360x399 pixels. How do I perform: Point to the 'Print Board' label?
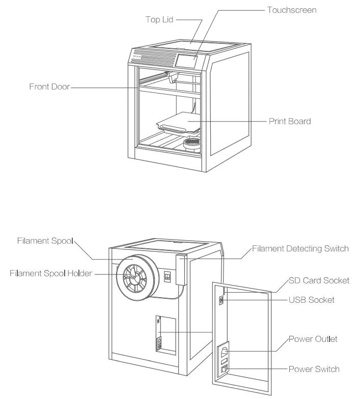[290, 122]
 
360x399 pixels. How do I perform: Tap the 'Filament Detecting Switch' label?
[300, 249]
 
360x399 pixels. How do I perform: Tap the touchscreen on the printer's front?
[186, 61]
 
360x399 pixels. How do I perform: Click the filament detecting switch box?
[181, 270]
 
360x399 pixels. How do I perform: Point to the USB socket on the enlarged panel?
[222, 301]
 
